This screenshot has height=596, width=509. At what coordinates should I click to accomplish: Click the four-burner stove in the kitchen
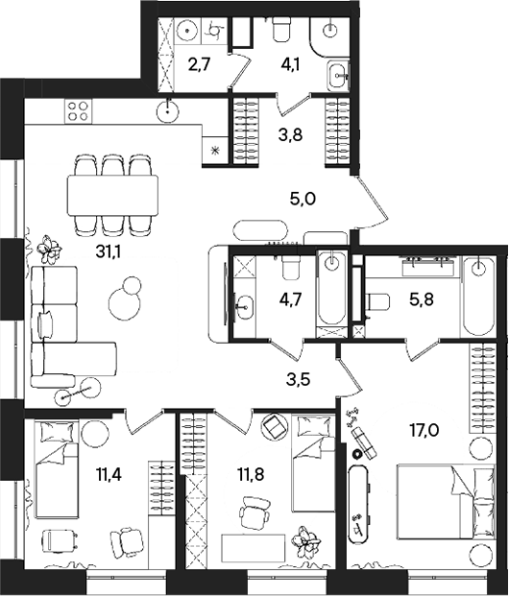(x=76, y=111)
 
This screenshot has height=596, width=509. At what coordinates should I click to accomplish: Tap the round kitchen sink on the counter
(x=171, y=109)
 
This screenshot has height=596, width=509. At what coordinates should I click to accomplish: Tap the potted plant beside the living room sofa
(x=48, y=249)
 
